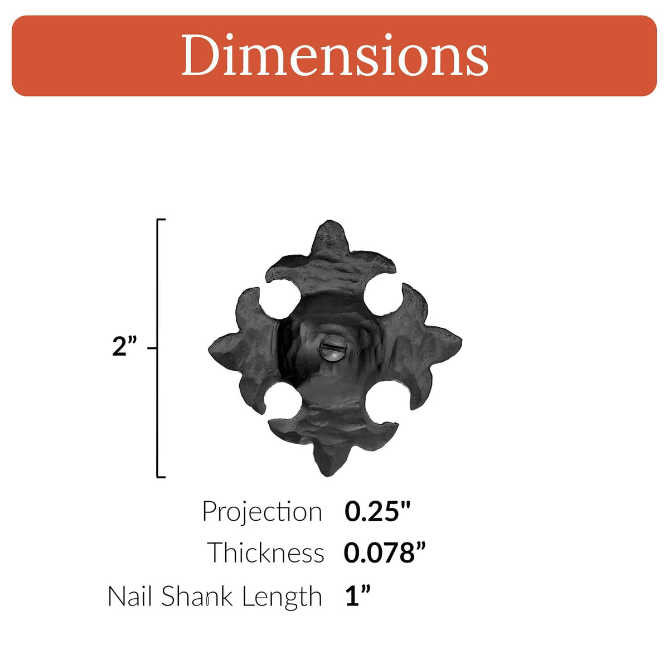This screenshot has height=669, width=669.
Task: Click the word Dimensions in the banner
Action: point(334,56)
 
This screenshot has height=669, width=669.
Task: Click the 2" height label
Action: point(124,347)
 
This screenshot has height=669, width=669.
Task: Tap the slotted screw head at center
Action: point(333,353)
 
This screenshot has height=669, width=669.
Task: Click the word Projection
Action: point(262,512)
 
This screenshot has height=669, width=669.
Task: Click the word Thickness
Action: point(266,553)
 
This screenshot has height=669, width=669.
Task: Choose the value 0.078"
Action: point(385,553)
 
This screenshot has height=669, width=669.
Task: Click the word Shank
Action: point(196,597)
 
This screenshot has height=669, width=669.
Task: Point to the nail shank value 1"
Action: point(357,597)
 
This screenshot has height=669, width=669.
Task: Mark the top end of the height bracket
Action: point(161,221)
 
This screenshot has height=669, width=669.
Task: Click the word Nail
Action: point(131,597)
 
